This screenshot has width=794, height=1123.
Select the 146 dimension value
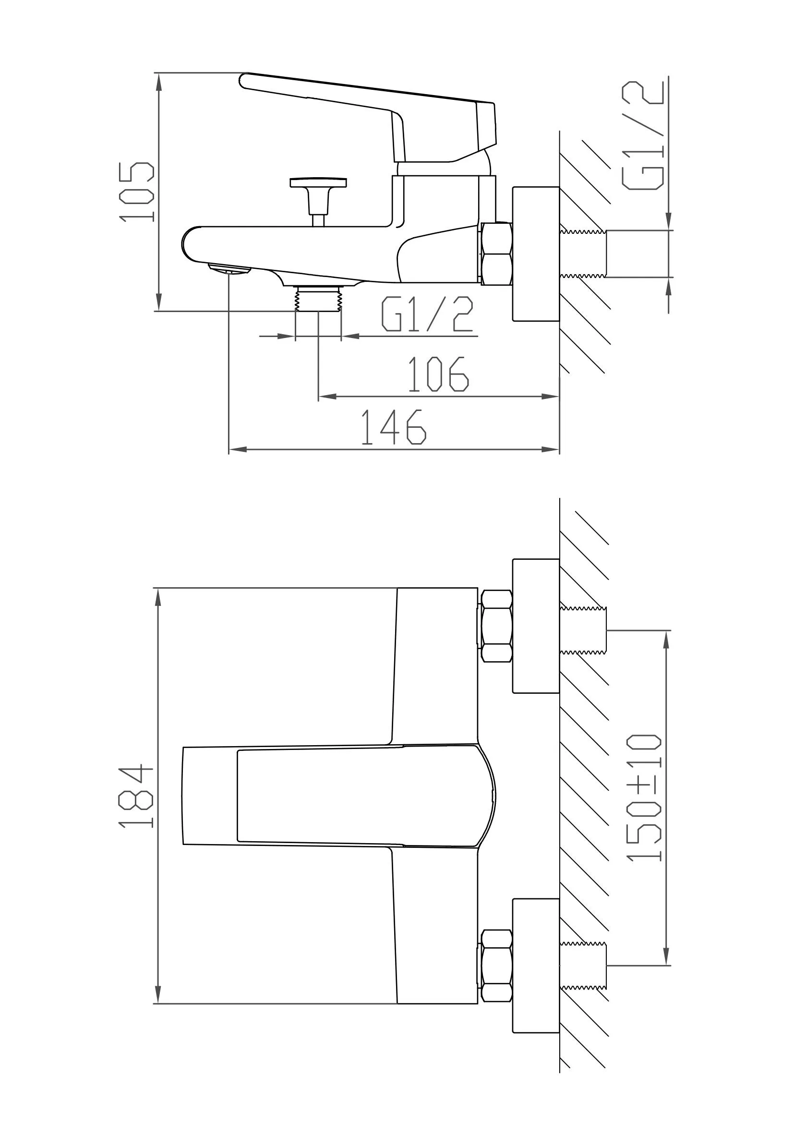click(394, 427)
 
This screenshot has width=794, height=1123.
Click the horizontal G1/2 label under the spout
click(427, 314)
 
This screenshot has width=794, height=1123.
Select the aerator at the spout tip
click(229, 268)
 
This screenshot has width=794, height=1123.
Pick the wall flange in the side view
click(536, 254)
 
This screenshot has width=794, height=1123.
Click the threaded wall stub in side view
click(583, 254)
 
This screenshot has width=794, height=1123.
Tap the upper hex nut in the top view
click(497, 626)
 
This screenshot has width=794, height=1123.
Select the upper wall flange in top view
click(536, 626)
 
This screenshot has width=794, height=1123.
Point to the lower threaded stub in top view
click(583, 966)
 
